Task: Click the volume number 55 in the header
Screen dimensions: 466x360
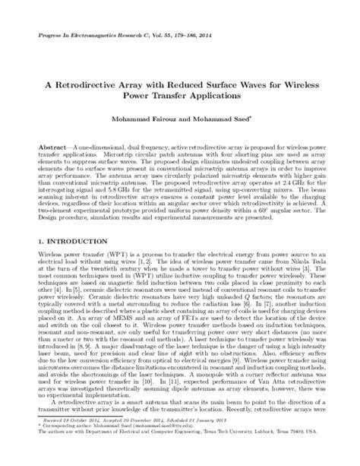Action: pos(164,36)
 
